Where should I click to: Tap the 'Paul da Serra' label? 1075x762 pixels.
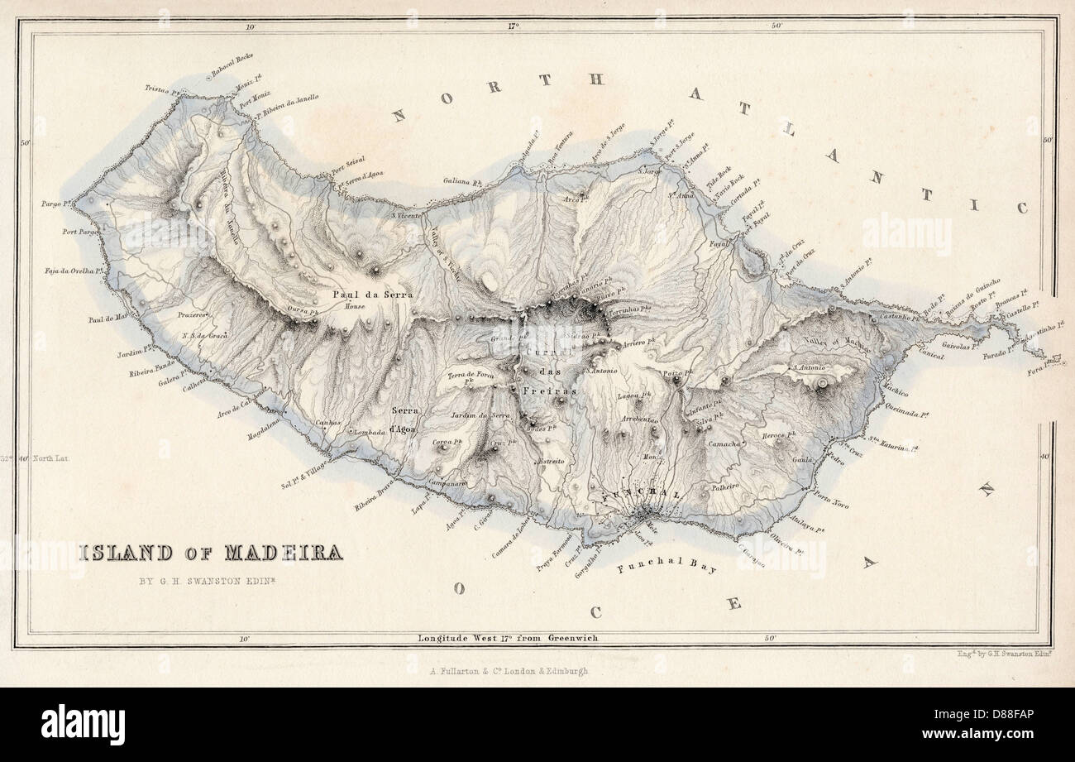(371, 294)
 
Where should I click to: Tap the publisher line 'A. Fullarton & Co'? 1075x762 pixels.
(509, 671)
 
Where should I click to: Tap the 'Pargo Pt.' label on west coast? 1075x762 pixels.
(56, 203)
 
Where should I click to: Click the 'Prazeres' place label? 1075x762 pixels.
(192, 315)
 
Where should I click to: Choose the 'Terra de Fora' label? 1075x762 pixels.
(471, 375)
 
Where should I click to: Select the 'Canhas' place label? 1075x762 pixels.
(328, 423)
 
